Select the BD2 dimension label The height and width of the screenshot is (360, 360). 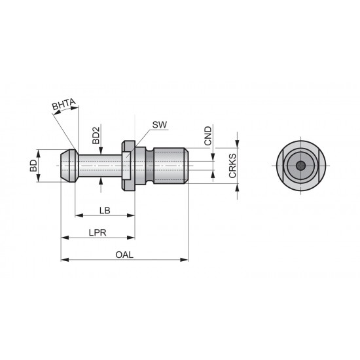tap(96, 135)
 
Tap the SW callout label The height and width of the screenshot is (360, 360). tap(158, 124)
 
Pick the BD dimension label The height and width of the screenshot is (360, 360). tap(33, 166)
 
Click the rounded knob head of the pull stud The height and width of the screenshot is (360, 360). tap(68, 166)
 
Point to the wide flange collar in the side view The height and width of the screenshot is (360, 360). tap(128, 166)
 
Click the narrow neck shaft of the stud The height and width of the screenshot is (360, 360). tap(98, 166)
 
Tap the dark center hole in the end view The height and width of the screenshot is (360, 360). tap(298, 166)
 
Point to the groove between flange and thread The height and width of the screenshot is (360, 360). tap(150, 166)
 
